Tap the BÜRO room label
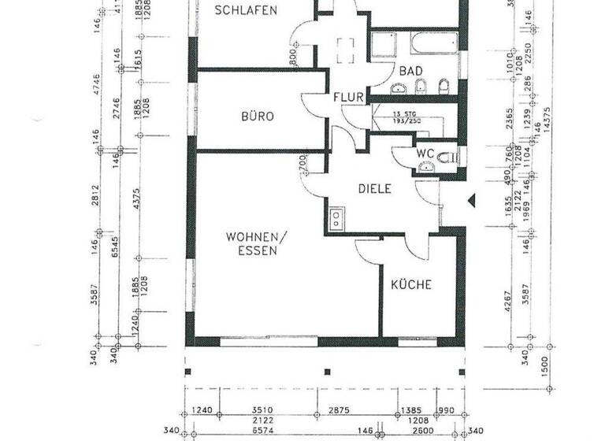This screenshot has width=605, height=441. [x=258, y=117]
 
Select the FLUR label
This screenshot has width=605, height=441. [x=348, y=98]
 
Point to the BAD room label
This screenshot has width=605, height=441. [x=410, y=71]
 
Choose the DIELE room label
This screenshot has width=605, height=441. [x=375, y=189]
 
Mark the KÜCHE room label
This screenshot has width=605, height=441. [x=412, y=284]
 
